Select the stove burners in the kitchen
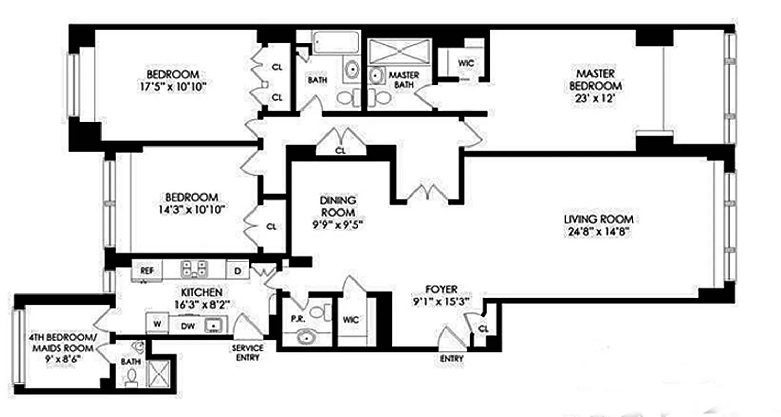click(x=194, y=269)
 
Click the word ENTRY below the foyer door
click(x=451, y=359)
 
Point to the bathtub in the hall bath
click(x=336, y=42)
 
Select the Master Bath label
click(x=404, y=80)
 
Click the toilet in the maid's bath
click(x=132, y=375)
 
